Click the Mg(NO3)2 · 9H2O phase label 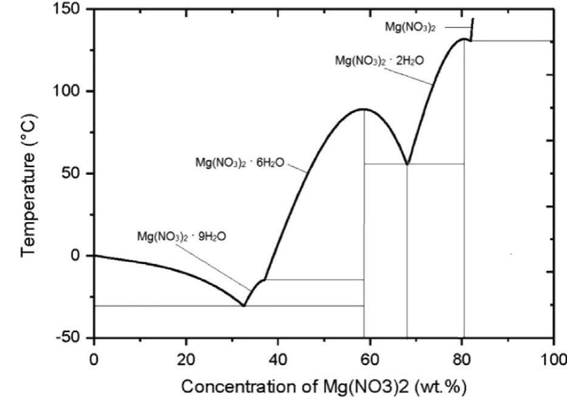[182, 237]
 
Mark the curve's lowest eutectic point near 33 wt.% [243, 305]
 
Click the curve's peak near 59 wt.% [363, 109]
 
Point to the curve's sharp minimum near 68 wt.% [407, 164]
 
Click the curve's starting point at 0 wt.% [94, 255]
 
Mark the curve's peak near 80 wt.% [464, 39]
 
